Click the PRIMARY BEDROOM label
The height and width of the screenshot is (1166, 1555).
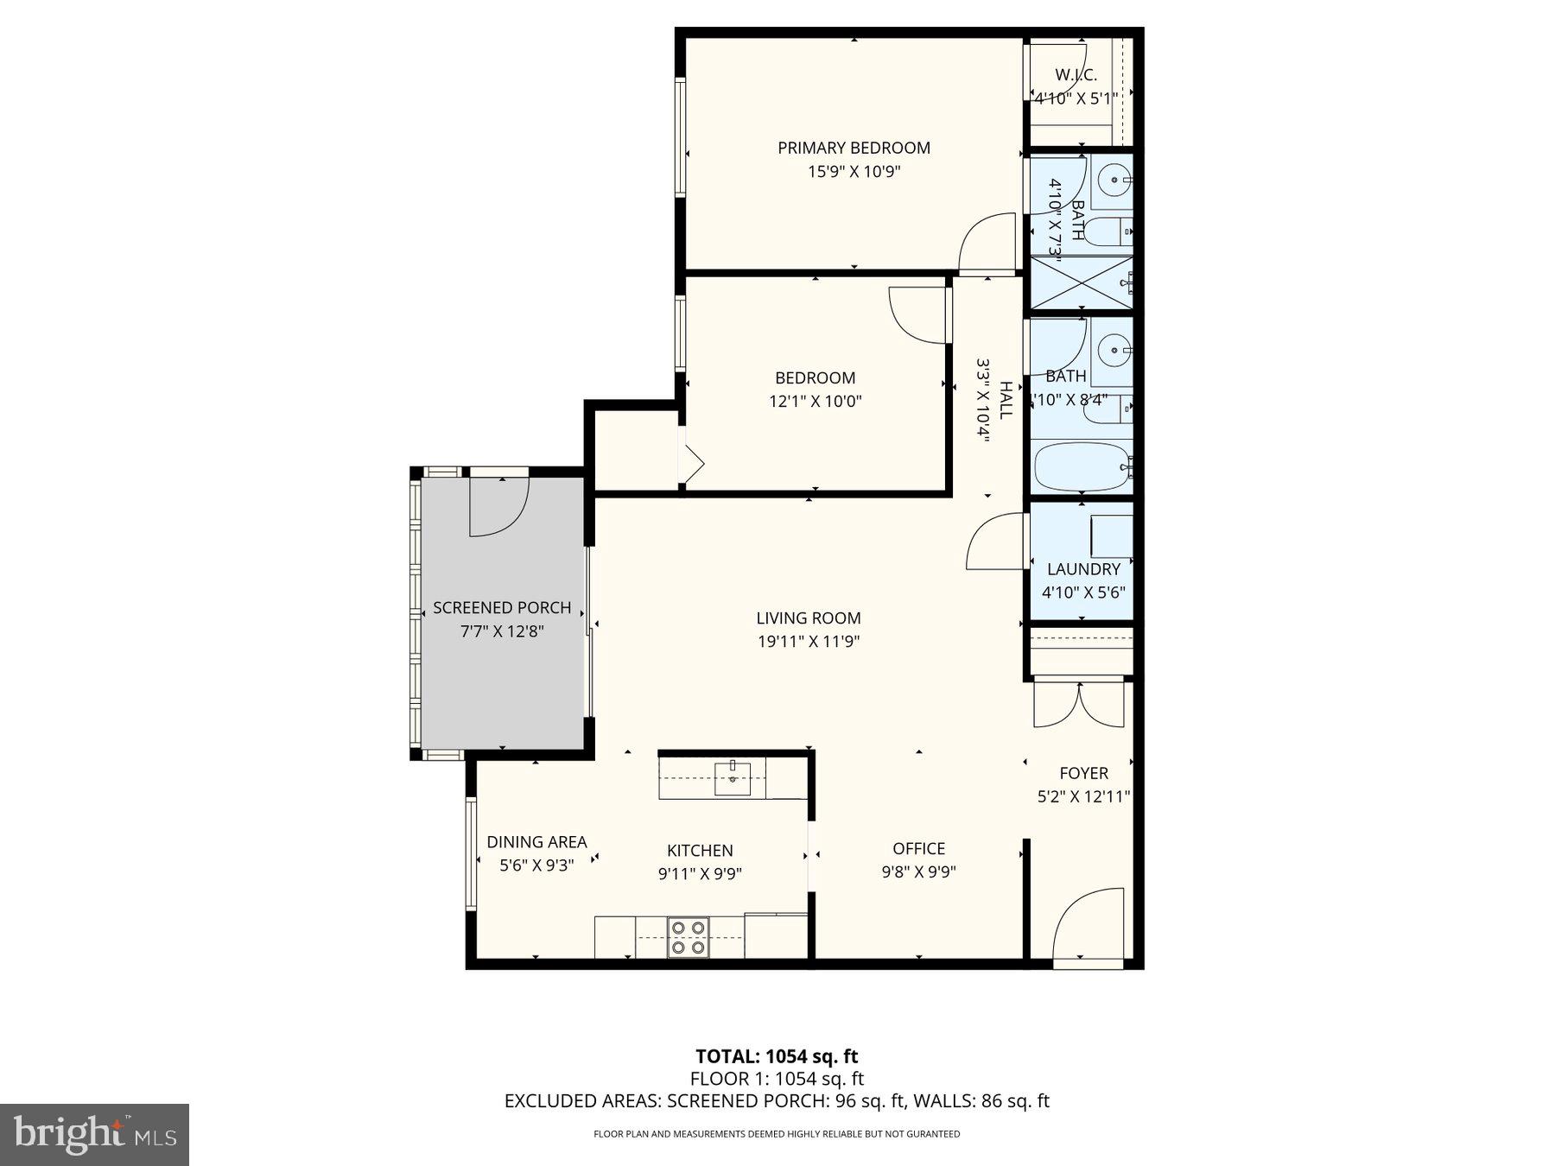[854, 148]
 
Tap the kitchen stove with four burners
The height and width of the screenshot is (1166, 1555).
[688, 937]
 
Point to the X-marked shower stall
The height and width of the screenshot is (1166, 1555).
[1082, 282]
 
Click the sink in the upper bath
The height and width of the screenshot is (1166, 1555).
[1115, 181]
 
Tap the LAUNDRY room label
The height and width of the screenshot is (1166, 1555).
[1083, 569]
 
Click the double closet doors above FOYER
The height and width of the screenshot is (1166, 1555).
[1080, 704]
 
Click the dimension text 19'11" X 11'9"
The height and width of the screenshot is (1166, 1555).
[808, 642]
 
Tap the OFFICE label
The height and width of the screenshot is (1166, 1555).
[918, 848]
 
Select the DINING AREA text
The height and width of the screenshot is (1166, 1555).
[536, 841]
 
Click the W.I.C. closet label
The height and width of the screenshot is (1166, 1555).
[1076, 75]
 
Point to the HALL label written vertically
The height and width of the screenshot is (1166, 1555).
[1006, 400]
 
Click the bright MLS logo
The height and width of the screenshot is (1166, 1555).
[94, 1134]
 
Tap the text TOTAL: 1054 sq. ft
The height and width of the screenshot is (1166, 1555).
[777, 1055]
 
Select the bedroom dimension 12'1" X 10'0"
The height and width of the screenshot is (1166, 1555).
[815, 401]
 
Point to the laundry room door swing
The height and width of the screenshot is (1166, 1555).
[996, 542]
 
